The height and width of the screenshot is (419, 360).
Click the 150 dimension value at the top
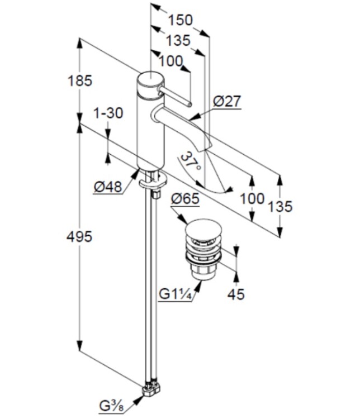point(180,20)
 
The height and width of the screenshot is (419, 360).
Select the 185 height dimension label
point(80,80)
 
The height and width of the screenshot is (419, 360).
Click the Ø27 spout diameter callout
point(227,101)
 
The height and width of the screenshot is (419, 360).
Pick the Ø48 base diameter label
point(108,187)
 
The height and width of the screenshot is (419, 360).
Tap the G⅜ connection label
point(112,403)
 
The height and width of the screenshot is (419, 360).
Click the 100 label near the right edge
point(253,198)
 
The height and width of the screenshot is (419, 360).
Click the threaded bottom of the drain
point(203,273)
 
